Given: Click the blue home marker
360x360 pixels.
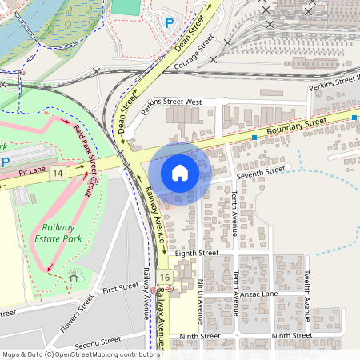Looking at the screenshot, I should pos(180,173).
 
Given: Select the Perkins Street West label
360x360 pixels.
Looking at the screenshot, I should pos(171,102).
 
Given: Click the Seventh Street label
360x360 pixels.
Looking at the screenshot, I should pos(261,170).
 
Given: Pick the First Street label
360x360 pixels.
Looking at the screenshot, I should pos(121,287).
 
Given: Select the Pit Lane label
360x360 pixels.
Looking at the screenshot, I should pos(34,170).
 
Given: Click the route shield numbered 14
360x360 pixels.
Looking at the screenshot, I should pos(57,173).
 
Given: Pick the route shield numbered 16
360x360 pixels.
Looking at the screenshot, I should pos(164,277).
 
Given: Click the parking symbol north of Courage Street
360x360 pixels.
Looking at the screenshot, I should pos(169,24).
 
